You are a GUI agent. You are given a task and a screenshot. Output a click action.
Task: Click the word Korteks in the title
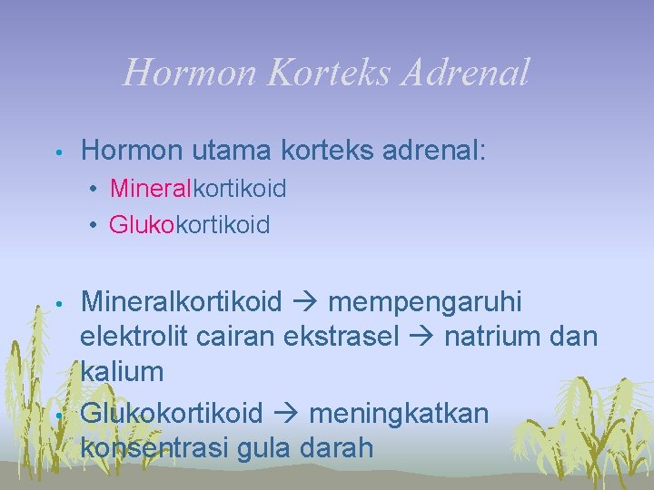pos(322,73)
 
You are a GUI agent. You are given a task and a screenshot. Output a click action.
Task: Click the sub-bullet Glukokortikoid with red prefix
pos(189,224)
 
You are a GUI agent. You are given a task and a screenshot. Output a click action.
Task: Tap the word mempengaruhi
pos(425,300)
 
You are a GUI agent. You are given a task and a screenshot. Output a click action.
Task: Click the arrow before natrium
pos(421,337)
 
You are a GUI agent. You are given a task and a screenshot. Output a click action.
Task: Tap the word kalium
pos(122,371)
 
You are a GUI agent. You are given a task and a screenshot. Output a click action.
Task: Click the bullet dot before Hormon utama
pos(56,150)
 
